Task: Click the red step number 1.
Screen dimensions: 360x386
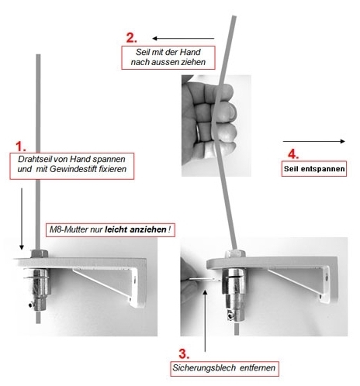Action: coord(21,146)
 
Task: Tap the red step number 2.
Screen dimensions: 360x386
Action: coord(131,38)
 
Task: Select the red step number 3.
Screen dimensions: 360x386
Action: coord(184,353)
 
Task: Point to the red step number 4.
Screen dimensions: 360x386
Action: coord(293,154)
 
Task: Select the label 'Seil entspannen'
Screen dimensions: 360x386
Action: coord(314,169)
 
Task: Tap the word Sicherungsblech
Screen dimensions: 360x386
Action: coord(204,367)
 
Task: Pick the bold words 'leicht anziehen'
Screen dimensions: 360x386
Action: coord(136,229)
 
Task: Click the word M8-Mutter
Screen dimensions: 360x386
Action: coord(68,229)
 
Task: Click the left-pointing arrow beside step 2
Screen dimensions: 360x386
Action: coord(183,39)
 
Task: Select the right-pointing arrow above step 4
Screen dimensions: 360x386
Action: coord(314,141)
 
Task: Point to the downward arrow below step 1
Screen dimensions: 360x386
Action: coord(22,219)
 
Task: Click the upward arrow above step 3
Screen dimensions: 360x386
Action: coord(205,321)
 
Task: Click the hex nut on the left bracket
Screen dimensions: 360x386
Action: coord(40,253)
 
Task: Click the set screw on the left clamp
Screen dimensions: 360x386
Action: coord(31,305)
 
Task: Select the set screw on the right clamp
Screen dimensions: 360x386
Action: coord(230,316)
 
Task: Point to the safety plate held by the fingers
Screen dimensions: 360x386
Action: coord(205,279)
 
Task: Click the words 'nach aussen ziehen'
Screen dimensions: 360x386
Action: coord(168,62)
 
